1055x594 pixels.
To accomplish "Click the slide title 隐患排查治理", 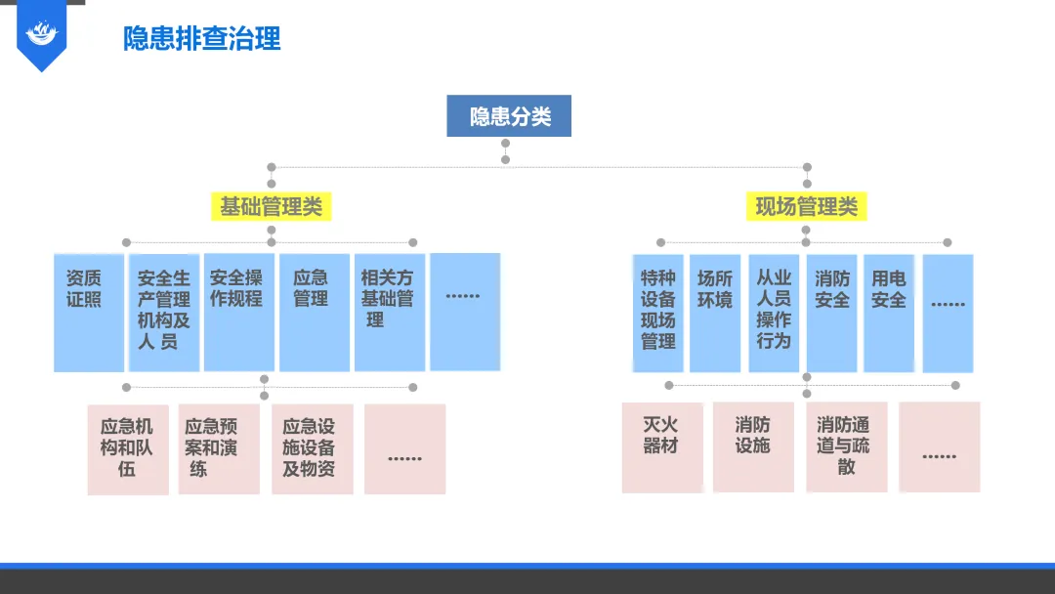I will (x=201, y=38).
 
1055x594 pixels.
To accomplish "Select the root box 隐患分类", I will (x=509, y=116).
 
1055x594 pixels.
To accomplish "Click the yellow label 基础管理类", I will (x=271, y=206).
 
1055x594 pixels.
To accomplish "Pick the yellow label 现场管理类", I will (x=806, y=206).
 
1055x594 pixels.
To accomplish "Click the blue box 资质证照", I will (x=89, y=313).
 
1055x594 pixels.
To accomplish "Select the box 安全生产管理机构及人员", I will (x=164, y=313).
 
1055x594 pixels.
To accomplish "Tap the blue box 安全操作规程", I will (x=238, y=313).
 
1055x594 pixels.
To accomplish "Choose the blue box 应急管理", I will (x=314, y=313).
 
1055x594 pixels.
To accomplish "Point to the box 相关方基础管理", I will (x=389, y=313).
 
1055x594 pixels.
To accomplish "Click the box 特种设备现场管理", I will (x=658, y=313).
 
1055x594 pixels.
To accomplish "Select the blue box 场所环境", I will (x=715, y=313).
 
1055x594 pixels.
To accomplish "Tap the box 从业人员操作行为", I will (x=774, y=313).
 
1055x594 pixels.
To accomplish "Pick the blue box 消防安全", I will (x=831, y=313).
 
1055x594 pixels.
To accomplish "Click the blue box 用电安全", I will (x=889, y=313).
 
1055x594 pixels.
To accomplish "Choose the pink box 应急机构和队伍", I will (x=127, y=449).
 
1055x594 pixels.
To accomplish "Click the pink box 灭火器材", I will (x=661, y=446).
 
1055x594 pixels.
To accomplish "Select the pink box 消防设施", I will (x=752, y=446).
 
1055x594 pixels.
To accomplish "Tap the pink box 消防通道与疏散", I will (x=846, y=446).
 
